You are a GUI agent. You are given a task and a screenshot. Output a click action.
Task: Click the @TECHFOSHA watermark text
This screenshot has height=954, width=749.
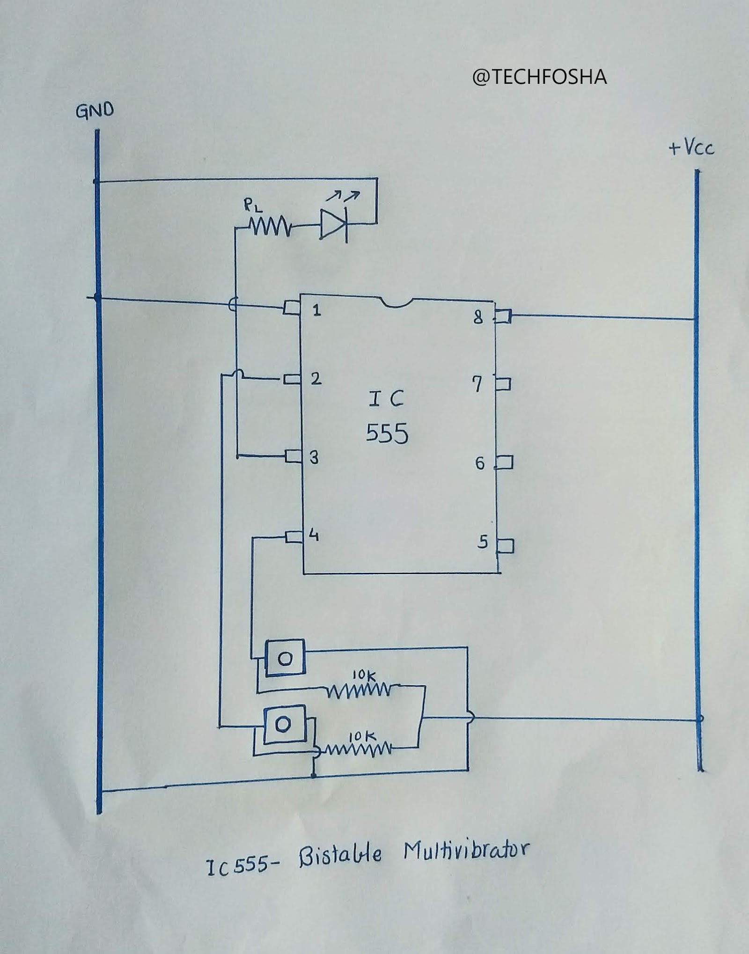[539, 77]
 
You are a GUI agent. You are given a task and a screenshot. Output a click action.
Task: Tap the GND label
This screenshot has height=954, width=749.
[95, 111]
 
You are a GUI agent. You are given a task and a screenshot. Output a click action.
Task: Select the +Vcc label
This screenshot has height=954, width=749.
[691, 148]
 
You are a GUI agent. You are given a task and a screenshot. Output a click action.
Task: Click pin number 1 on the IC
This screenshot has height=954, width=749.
[317, 310]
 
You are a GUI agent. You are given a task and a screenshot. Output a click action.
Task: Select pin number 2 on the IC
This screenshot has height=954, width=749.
[316, 378]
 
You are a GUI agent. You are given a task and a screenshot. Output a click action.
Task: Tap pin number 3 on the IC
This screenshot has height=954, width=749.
[314, 457]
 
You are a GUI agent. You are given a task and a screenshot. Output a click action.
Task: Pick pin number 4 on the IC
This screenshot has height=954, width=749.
[314, 535]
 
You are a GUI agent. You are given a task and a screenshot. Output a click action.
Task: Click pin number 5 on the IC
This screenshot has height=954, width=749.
[483, 542]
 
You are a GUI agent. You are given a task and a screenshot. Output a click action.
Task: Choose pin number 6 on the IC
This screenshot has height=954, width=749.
[480, 463]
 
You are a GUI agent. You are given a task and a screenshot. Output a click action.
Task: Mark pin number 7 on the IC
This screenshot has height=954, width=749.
[477, 385]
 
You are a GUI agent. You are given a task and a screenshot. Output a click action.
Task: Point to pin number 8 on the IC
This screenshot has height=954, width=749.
[478, 318]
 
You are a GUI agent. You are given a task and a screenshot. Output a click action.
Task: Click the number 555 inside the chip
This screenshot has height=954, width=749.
[387, 433]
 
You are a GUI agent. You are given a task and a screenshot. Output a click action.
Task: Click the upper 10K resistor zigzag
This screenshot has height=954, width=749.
[358, 690]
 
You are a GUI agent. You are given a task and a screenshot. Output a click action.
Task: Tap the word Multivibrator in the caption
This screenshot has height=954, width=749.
[466, 850]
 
